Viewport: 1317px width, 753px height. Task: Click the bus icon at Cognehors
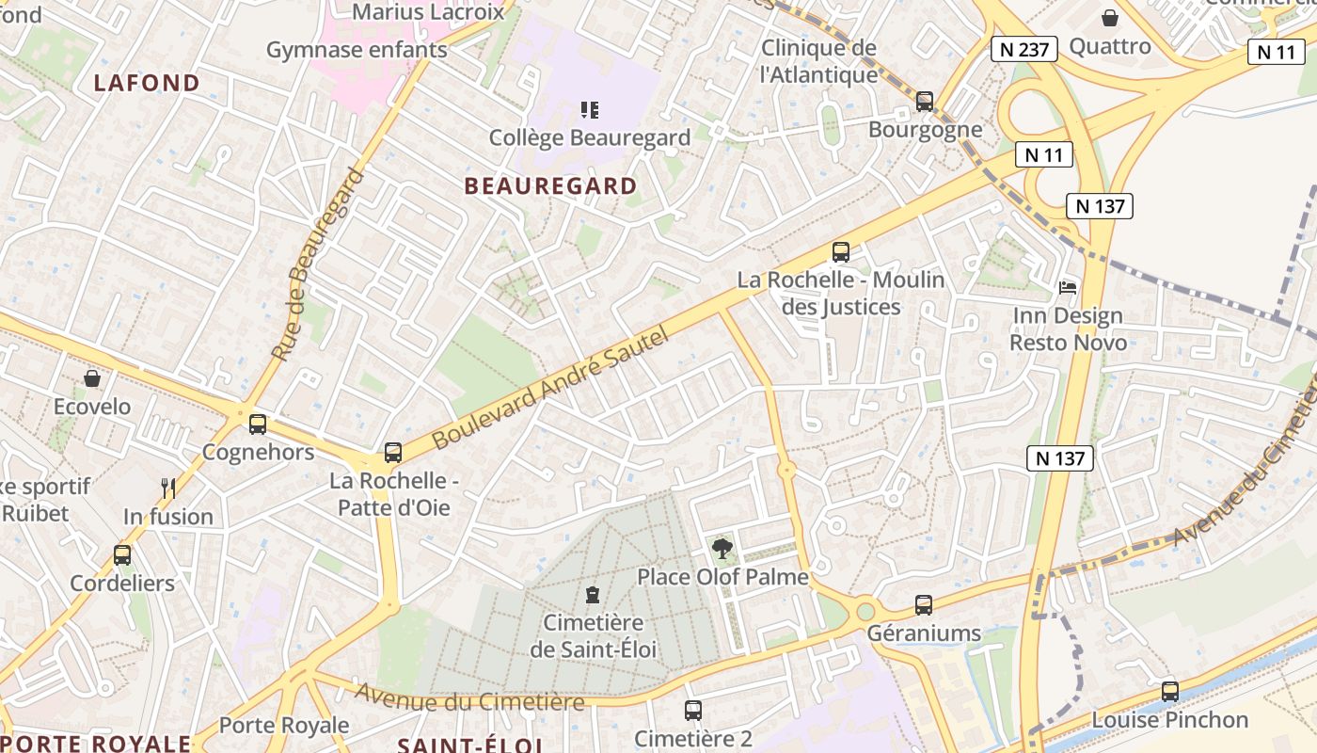(258, 425)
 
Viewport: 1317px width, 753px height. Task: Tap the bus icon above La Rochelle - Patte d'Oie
(393, 453)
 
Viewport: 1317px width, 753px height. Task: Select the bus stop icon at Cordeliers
(122, 555)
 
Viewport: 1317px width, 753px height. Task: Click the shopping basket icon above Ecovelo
(92, 378)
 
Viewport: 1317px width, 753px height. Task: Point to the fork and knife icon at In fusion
(168, 488)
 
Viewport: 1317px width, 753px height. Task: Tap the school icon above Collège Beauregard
(590, 110)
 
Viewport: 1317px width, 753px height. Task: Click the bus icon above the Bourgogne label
(925, 102)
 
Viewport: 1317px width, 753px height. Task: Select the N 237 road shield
(1024, 49)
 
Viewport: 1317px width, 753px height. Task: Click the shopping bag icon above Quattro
(1110, 18)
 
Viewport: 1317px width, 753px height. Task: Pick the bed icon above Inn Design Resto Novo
(1068, 287)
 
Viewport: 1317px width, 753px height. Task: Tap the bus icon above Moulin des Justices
(841, 252)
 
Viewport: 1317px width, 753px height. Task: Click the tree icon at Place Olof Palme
(722, 548)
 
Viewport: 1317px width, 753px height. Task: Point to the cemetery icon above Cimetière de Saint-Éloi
(593, 595)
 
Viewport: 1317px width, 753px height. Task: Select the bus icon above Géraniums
(924, 605)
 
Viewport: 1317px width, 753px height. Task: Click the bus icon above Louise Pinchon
(1169, 692)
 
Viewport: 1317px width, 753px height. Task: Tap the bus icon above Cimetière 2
(693, 711)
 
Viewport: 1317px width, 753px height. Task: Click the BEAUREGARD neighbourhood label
(551, 186)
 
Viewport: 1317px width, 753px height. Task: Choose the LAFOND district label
(147, 83)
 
